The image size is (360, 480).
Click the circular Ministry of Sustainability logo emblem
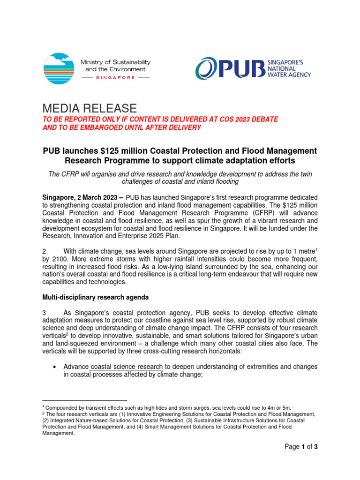pyautogui.click(x=59, y=69)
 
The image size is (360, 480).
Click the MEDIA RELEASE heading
pyautogui.click(x=90, y=108)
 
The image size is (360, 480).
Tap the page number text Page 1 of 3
pyautogui.click(x=301, y=447)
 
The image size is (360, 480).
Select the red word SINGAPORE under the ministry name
pyautogui.click(x=115, y=78)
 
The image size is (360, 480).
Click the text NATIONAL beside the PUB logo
pyautogui.click(x=280, y=68)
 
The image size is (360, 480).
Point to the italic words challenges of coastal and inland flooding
pyautogui.click(x=180, y=182)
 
